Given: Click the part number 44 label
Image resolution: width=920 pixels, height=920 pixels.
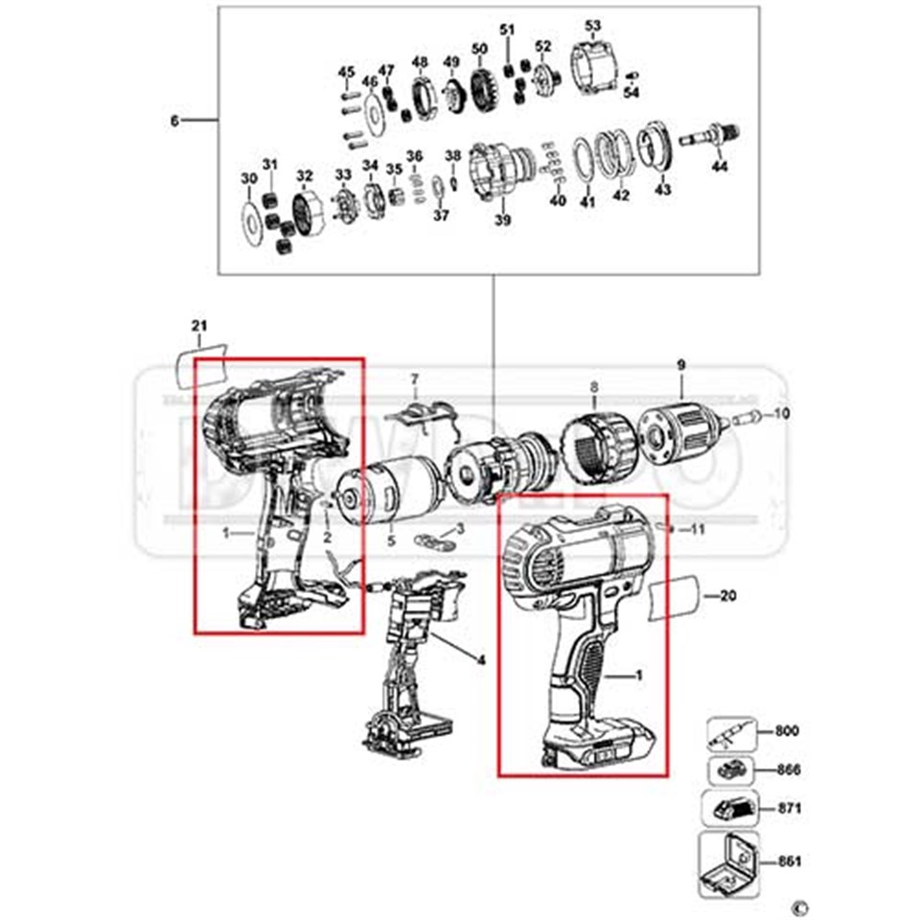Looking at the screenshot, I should pyautogui.click(x=720, y=167).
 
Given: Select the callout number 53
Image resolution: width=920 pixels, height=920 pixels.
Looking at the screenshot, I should pyautogui.click(x=592, y=25).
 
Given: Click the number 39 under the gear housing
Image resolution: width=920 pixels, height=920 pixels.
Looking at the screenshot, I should pyautogui.click(x=502, y=220).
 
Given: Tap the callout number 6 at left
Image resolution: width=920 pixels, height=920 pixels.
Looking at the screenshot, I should pyautogui.click(x=173, y=121).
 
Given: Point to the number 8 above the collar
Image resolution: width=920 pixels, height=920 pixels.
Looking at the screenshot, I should pyautogui.click(x=593, y=387).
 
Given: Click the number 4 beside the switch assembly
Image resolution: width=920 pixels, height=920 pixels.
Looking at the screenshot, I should pyautogui.click(x=480, y=658).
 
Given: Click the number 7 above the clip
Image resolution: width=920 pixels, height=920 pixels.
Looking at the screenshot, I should pyautogui.click(x=415, y=379).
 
